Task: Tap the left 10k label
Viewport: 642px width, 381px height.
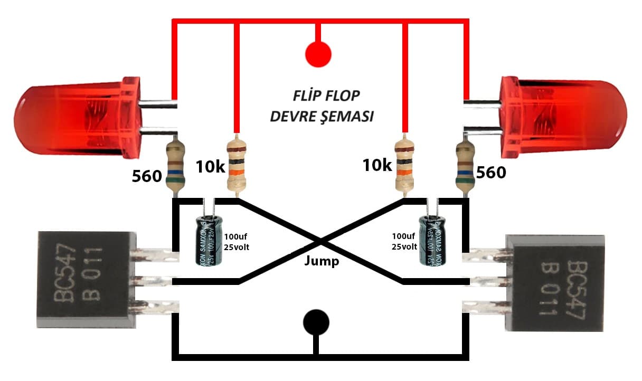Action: (211, 167)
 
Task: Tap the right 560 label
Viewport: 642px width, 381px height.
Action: (491, 173)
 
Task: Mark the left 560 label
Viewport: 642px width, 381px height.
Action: (147, 176)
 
